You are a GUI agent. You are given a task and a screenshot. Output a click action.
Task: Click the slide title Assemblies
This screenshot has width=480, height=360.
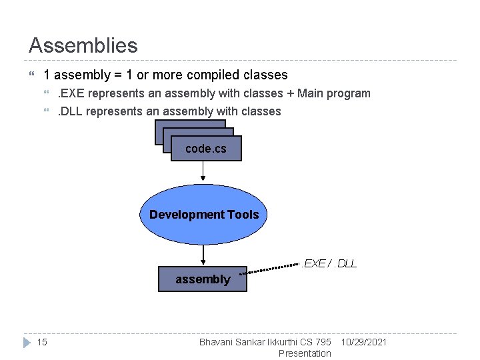pyautogui.click(x=83, y=45)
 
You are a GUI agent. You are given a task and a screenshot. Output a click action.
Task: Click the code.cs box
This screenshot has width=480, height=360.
pyautogui.click(x=205, y=149)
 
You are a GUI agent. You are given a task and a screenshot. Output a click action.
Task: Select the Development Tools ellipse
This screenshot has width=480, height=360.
pyautogui.click(x=204, y=214)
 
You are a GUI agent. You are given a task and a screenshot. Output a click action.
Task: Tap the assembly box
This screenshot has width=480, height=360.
pyautogui.click(x=202, y=279)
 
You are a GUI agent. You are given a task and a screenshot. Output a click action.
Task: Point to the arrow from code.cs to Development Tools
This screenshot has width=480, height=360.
pyautogui.click(x=203, y=172)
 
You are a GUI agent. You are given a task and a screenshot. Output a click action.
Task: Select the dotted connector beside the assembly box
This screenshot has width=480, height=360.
pyautogui.click(x=273, y=268)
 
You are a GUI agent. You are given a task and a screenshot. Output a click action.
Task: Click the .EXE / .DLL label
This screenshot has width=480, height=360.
pyautogui.click(x=329, y=263)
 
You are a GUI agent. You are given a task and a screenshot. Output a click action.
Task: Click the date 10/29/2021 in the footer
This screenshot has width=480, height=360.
pyautogui.click(x=363, y=342)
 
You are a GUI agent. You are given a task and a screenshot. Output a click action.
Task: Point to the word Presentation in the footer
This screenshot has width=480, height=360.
pyautogui.click(x=304, y=353)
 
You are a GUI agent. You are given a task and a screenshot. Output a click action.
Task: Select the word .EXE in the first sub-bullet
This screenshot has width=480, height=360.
pyautogui.click(x=71, y=93)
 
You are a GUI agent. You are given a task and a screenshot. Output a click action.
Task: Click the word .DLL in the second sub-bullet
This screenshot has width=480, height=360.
pyautogui.click(x=70, y=111)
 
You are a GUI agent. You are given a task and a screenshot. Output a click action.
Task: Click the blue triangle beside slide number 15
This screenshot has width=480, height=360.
pyautogui.click(x=27, y=343)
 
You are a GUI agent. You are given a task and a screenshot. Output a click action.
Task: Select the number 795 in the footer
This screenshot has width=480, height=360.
pyautogui.click(x=322, y=342)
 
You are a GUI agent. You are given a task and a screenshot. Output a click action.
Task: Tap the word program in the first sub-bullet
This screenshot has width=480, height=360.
pyautogui.click(x=349, y=93)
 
